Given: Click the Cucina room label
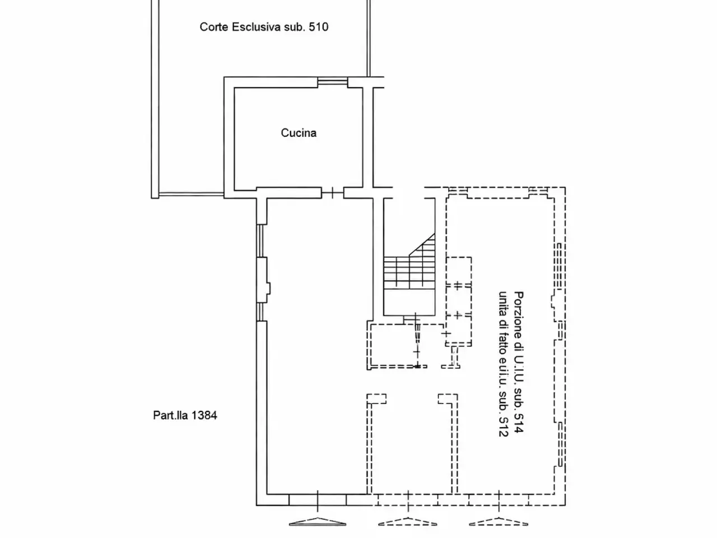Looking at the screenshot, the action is (x=299, y=133).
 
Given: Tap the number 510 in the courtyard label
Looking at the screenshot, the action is (x=319, y=27).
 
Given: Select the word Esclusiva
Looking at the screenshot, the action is (x=256, y=27).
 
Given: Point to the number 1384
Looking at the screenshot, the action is (x=204, y=415).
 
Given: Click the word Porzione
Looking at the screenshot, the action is (x=519, y=315).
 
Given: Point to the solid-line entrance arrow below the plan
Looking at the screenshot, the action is (x=318, y=522).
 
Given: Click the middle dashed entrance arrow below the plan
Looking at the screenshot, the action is (x=408, y=522).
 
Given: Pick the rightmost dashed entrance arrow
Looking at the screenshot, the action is (x=499, y=522).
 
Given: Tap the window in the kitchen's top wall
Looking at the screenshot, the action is (x=333, y=82).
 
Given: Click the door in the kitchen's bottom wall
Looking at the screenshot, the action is (x=333, y=193).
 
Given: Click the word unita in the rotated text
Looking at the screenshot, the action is (x=503, y=303).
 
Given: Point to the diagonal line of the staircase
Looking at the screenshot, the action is (x=422, y=245).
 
